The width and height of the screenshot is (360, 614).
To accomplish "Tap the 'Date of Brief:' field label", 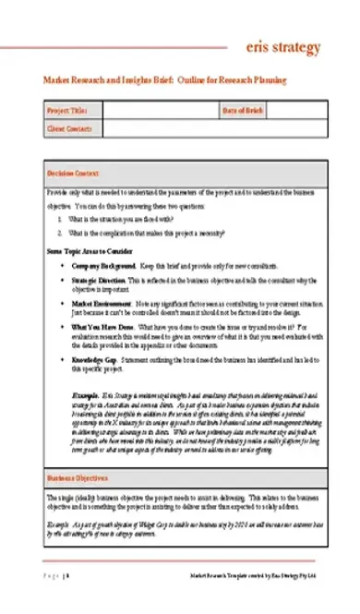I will pos(243,111).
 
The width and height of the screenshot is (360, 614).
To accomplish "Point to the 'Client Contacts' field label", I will pos(69,128).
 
